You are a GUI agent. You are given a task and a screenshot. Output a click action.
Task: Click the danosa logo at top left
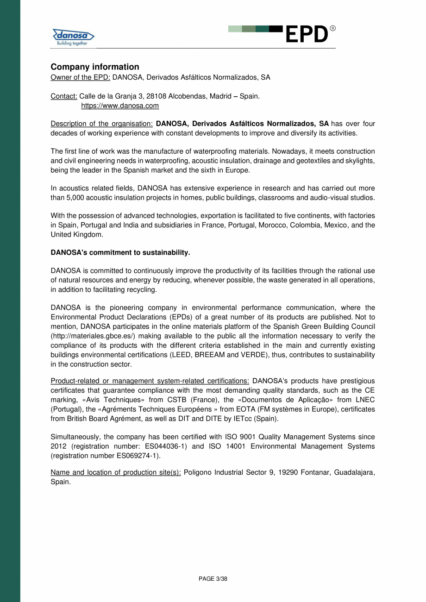click(x=73, y=37)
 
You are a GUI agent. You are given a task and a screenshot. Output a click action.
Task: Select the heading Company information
click(x=94, y=67)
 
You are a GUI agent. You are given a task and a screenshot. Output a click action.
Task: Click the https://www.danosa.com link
click(x=120, y=106)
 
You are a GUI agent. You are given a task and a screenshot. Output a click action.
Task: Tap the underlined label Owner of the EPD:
click(x=80, y=77)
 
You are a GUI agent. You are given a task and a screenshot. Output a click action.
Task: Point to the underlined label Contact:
click(x=64, y=96)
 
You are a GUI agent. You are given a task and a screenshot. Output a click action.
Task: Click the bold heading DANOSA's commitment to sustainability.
click(x=120, y=252)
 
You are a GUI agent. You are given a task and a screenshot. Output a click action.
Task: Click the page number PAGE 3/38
click(x=213, y=579)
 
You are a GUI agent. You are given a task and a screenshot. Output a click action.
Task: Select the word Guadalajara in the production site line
click(x=353, y=473)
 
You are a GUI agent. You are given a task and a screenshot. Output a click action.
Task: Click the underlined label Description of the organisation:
click(x=101, y=124)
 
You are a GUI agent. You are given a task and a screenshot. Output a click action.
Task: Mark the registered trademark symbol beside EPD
click(x=332, y=29)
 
